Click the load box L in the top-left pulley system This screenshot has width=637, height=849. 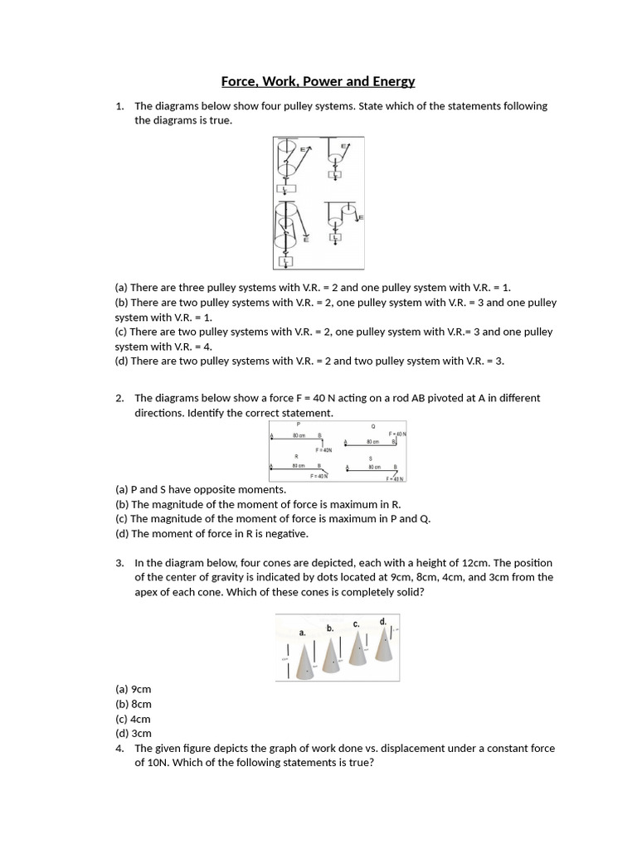[x=285, y=189]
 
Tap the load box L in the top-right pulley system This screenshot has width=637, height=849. [x=335, y=175]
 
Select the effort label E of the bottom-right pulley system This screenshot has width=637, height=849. [x=361, y=217]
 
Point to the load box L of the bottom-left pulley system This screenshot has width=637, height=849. [x=286, y=262]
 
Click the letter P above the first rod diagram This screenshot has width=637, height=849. [x=298, y=424]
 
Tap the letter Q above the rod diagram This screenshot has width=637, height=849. [x=373, y=427]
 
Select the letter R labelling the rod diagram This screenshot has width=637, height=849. [x=297, y=457]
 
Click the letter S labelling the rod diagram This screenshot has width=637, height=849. [x=371, y=458]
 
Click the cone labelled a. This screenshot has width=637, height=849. [x=304, y=660]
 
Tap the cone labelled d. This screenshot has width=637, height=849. [x=384, y=644]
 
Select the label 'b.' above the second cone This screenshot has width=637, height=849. [x=330, y=628]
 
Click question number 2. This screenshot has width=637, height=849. [x=119, y=398]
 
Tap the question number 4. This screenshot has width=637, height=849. [x=119, y=748]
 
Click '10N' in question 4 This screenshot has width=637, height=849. [x=165, y=763]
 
